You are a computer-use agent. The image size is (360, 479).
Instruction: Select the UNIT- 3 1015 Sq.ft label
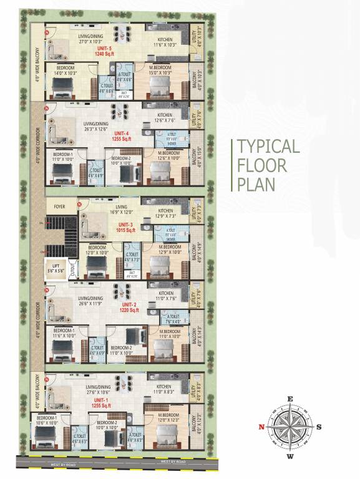coord(125,227)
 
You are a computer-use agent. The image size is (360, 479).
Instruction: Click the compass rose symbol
coord(289,427)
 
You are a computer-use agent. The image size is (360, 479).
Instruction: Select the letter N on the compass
coord(261,427)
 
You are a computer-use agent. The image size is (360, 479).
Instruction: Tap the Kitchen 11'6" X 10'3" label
coord(165,42)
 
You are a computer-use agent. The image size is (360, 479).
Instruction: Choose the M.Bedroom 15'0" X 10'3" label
coord(163,70)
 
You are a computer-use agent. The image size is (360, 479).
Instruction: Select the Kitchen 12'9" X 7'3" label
coord(165,213)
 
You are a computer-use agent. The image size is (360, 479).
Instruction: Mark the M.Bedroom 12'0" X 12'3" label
coord(169,417)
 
